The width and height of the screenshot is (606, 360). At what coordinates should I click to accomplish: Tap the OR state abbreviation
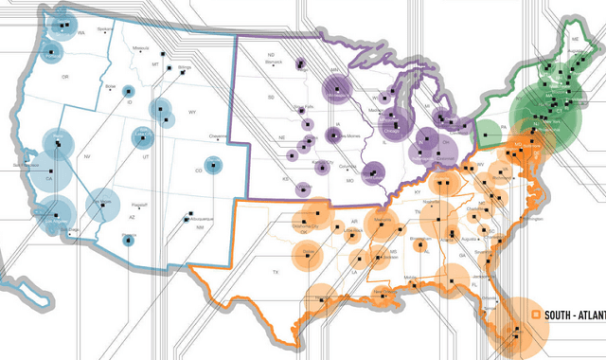[65, 77]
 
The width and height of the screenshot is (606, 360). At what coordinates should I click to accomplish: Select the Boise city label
[111, 86]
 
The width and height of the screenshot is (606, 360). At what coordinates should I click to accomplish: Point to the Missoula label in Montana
[142, 47]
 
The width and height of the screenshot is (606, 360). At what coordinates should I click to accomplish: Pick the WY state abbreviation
[192, 113]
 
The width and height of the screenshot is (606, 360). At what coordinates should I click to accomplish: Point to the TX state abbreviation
[276, 272]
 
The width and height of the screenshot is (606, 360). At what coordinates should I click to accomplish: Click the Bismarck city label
[276, 69]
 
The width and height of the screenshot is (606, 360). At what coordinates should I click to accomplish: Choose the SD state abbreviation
[272, 96]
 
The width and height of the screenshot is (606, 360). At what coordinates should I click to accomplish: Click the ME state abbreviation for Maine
[575, 39]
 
